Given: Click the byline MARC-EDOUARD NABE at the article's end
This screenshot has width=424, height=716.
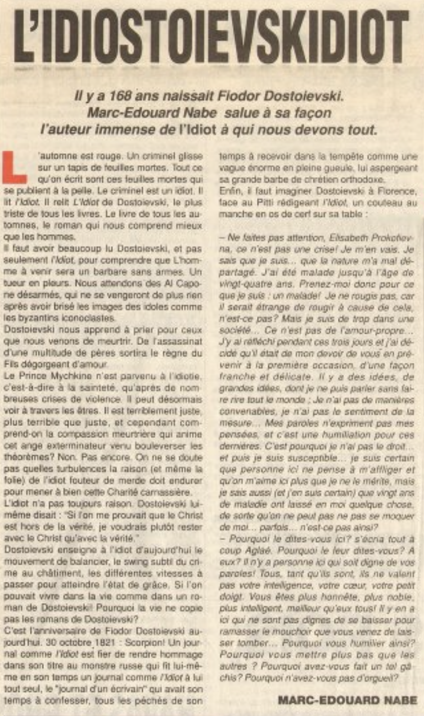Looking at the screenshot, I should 348,700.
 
